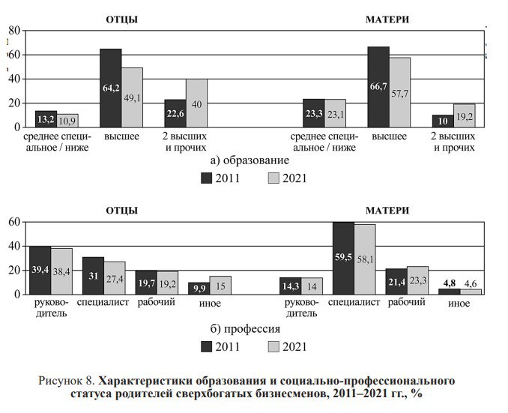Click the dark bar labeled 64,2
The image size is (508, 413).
pos(111,88)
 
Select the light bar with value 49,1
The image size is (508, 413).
pos(132,97)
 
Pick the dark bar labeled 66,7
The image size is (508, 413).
pos(378,86)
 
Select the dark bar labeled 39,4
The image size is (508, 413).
pos(40,270)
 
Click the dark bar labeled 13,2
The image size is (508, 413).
pos(46,118)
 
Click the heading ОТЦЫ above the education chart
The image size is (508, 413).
pos(121,19)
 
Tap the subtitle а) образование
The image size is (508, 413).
pos(250,160)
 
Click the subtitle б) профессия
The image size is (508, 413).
pos(249,328)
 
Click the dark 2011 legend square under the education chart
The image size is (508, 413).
pos(207,178)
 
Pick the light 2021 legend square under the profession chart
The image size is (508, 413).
pos(273,346)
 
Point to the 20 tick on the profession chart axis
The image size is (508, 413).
pos(13,270)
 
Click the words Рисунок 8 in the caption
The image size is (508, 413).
pos(67,381)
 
